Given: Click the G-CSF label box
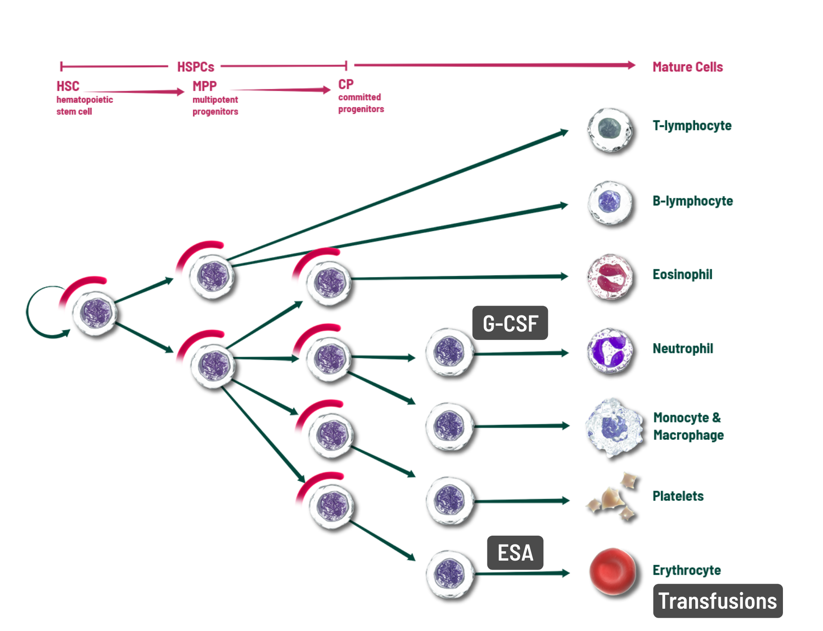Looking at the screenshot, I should coord(510,323).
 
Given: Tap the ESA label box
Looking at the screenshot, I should coord(515,553).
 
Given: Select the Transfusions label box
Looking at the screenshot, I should coord(717,601).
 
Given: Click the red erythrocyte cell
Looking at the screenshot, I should coord(612,571).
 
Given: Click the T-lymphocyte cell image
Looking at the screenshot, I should coord(609,129).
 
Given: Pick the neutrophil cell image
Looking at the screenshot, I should coord(609,351).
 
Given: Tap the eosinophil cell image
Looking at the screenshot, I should coord(609,276).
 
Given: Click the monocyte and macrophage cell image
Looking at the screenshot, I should coord(613,427).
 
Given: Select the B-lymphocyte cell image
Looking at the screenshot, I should coord(609,203).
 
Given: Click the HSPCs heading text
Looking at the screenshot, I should coord(195,67).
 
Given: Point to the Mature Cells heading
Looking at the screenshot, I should coord(687,67).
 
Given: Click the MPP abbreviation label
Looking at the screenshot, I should coord(204,86).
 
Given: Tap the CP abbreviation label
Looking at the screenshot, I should coord(346,84).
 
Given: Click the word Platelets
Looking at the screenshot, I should coord(678,496).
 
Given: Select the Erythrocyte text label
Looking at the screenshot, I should coord(686,570).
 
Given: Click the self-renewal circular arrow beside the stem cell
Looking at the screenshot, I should coord(33,312).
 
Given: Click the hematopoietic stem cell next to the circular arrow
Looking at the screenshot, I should coord(94,313).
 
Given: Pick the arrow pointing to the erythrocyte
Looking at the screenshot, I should coord(523,573).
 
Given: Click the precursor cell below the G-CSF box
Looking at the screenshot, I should coord(449,352).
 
